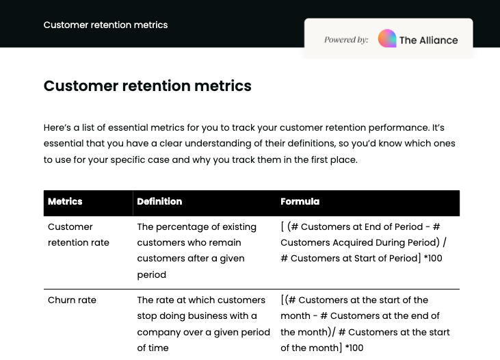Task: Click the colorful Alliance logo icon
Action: pyautogui.click(x=387, y=39)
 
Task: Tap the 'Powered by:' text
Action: pyautogui.click(x=346, y=40)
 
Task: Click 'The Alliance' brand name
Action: pyautogui.click(x=428, y=40)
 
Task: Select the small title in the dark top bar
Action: pyautogui.click(x=105, y=25)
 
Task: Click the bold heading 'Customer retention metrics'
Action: pyautogui.click(x=147, y=86)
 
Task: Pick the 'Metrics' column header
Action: pyautogui.click(x=65, y=202)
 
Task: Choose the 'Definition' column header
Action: pyautogui.click(x=159, y=202)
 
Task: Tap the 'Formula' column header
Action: pyautogui.click(x=300, y=202)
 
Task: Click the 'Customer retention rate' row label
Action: pyautogui.click(x=79, y=234)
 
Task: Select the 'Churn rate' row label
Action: pyautogui.click(x=72, y=300)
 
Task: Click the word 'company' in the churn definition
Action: pyautogui.click(x=158, y=332)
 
